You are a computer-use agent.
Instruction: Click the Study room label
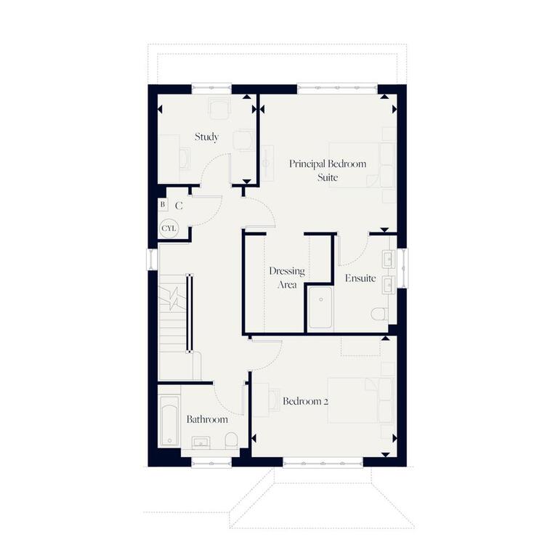click(x=206, y=137)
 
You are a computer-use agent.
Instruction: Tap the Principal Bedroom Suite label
click(x=328, y=171)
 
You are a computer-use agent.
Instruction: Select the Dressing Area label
click(x=287, y=278)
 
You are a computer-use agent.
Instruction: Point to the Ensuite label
click(x=360, y=278)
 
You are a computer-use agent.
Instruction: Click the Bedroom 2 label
click(x=305, y=401)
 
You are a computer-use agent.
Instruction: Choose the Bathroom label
click(x=207, y=419)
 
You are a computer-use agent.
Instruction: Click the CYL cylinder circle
click(x=169, y=228)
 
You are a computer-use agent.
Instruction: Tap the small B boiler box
click(x=163, y=205)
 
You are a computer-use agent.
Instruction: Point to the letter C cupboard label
click(x=179, y=206)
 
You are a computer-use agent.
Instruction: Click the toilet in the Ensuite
click(x=379, y=314)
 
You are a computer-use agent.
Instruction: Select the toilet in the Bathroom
click(x=231, y=440)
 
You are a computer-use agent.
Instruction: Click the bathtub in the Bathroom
click(x=169, y=420)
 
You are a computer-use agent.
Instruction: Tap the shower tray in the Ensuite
click(x=320, y=308)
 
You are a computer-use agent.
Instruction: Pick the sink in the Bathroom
click(x=201, y=442)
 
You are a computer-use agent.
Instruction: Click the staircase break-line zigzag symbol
click(x=174, y=298)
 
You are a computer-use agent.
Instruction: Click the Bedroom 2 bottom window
click(x=323, y=463)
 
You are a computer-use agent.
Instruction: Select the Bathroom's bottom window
click(x=211, y=463)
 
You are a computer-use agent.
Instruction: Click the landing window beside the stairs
click(x=153, y=259)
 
